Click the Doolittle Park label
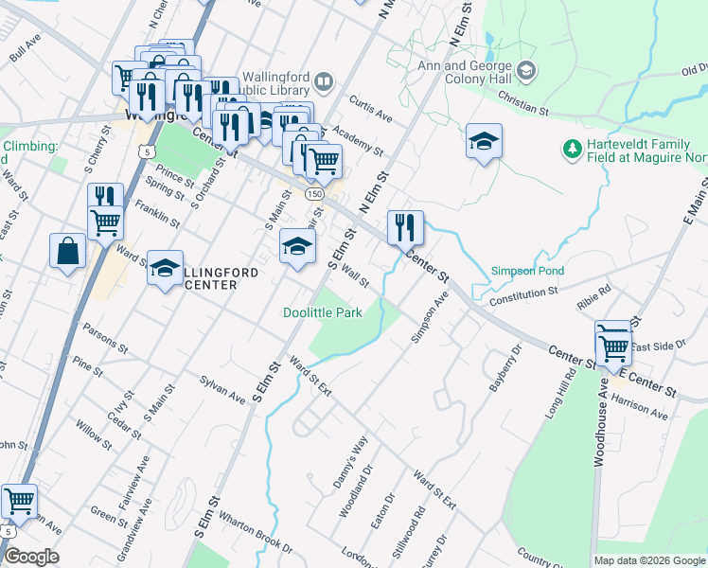(323, 312)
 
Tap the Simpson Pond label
(527, 272)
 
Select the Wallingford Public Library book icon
(324, 83)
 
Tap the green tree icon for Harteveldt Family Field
(571, 149)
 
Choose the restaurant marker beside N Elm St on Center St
(405, 227)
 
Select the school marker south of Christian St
(484, 142)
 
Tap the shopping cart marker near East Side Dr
(613, 344)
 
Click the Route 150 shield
(311, 193)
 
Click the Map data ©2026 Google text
(648, 560)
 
